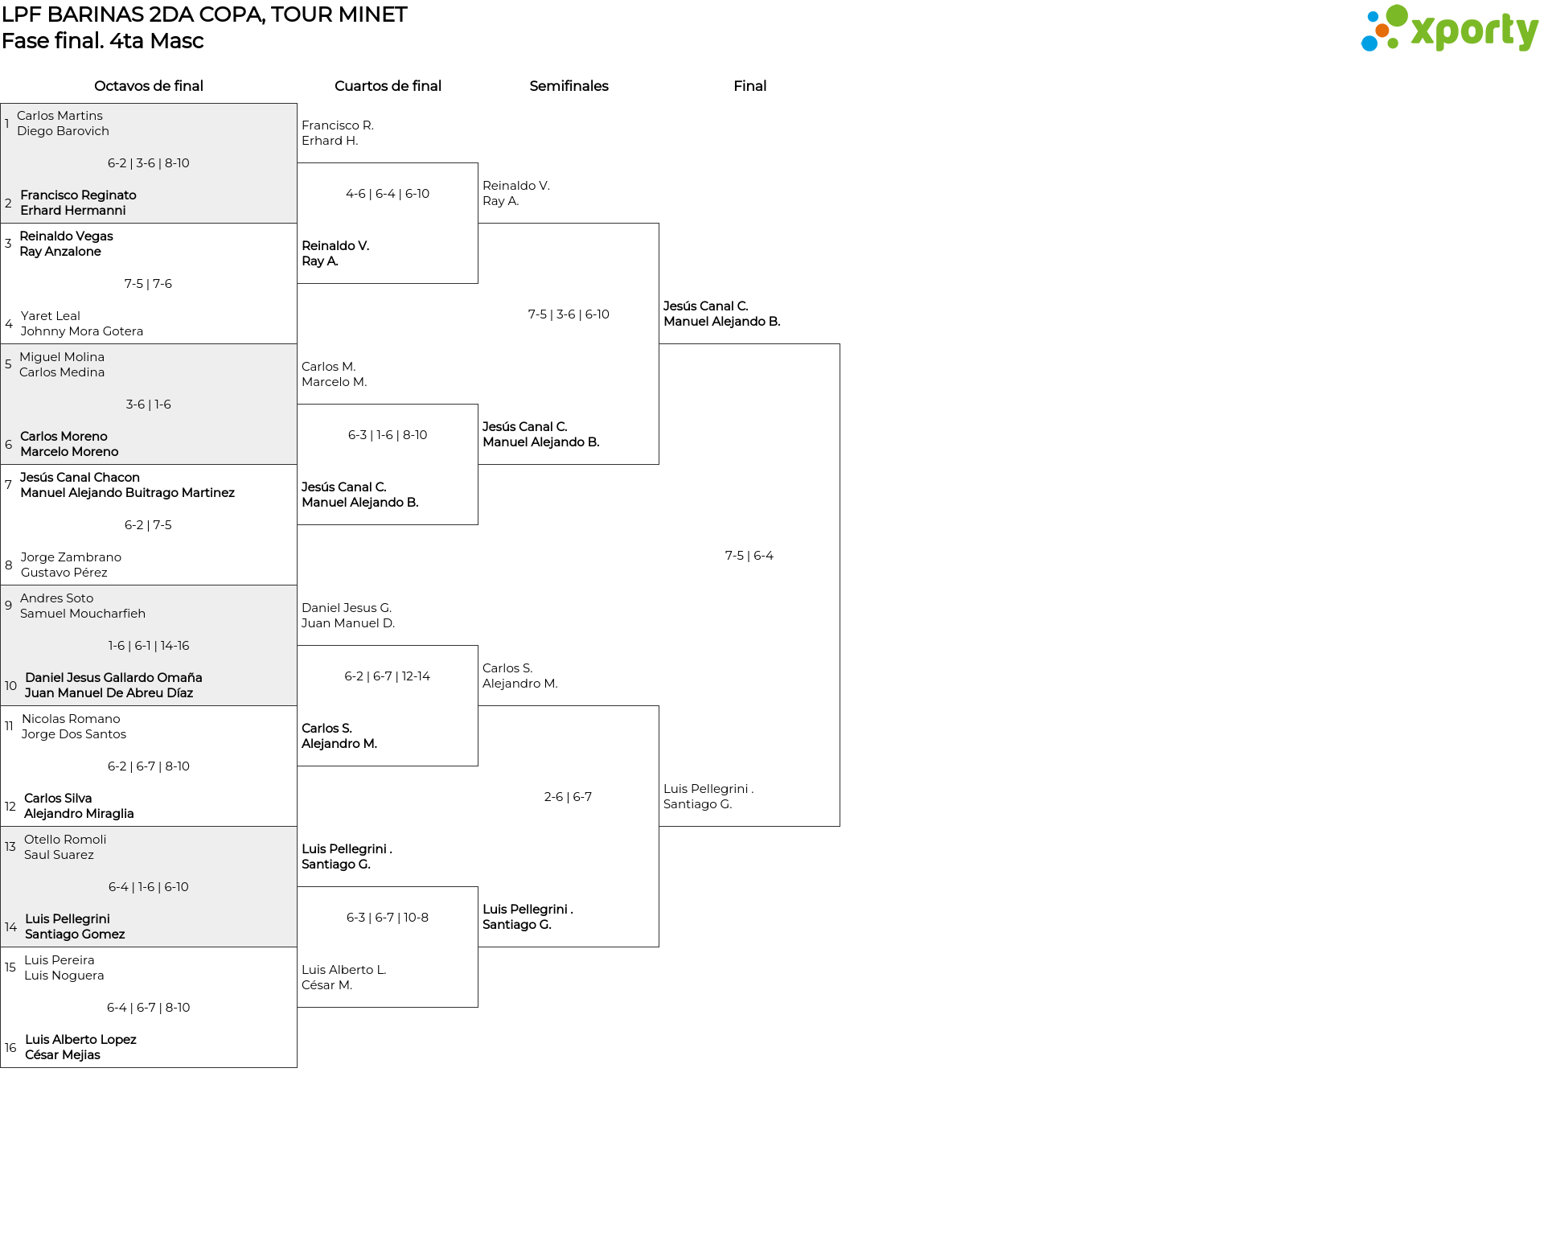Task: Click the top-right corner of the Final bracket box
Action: point(840,344)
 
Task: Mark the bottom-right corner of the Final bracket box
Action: point(840,826)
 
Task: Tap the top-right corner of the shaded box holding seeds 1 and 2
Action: point(297,103)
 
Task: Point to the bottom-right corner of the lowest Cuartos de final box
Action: point(478,1007)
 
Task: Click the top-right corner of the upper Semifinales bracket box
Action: point(659,224)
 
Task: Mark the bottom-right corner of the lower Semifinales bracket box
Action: point(659,947)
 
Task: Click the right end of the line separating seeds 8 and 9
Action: point(297,585)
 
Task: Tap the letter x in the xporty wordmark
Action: point(1423,31)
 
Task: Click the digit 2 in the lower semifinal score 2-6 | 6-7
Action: point(548,797)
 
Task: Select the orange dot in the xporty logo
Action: point(1382,31)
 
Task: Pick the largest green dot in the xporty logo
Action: point(1397,15)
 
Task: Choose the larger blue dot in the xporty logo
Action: point(1369,43)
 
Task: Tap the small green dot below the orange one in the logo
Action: point(1393,44)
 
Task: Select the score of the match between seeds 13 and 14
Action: point(149,887)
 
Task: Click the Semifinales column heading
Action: point(569,86)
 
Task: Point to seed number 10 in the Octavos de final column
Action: point(10,686)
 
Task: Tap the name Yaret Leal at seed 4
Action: point(51,316)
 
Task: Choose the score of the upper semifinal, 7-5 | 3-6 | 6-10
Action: point(569,314)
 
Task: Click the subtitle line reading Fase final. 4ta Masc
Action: point(102,41)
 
